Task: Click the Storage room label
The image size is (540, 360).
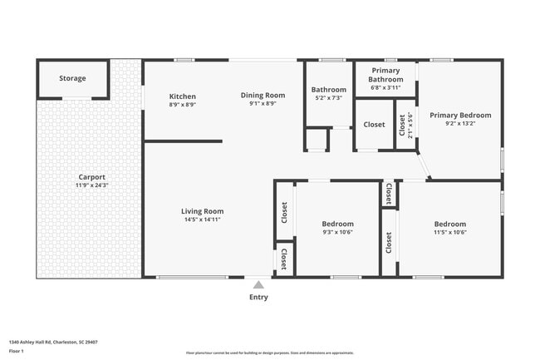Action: [72, 79]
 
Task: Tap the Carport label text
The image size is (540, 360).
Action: [91, 177]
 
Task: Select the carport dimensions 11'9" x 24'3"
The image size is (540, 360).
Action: [91, 185]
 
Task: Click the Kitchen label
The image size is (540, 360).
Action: [182, 96]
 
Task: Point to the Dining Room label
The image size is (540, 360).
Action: [263, 96]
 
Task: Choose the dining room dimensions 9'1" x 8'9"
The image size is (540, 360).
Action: [263, 104]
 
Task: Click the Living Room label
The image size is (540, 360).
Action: [203, 211]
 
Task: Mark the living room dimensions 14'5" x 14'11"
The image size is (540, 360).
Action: [203, 219]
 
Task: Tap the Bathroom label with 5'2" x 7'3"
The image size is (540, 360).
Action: [328, 90]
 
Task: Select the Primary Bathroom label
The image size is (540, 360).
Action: [385, 75]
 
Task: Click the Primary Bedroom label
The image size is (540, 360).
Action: [460, 116]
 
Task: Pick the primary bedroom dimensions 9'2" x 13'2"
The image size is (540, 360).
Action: [460, 124]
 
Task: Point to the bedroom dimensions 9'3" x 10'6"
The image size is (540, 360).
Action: [338, 233]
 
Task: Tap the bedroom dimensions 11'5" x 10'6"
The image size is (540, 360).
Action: [449, 233]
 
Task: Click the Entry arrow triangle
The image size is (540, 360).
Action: [258, 284]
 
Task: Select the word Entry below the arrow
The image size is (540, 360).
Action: [258, 297]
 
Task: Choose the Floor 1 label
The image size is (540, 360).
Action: [17, 352]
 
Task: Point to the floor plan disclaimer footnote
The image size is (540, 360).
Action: [269, 353]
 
